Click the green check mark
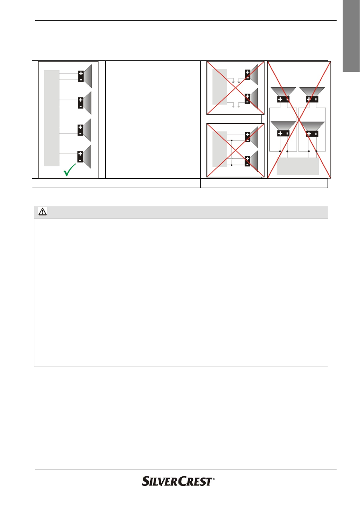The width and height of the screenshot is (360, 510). [69, 170]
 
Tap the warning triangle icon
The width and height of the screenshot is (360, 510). [43, 212]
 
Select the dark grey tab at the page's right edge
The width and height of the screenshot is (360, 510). [351, 36]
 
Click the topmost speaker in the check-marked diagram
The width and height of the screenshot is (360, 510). [85, 76]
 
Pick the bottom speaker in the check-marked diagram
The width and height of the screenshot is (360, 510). [85, 157]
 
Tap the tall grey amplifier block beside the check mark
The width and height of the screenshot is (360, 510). [52, 118]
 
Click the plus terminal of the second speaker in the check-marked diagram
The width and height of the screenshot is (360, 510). [80, 100]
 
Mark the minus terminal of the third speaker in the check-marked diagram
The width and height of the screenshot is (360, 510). [80, 133]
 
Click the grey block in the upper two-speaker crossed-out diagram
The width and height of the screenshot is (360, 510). [220, 87]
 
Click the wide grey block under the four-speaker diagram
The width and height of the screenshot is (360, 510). [298, 166]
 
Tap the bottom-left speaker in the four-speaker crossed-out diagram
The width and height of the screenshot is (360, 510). [283, 129]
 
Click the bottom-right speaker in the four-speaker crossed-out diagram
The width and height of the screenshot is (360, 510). [312, 129]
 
